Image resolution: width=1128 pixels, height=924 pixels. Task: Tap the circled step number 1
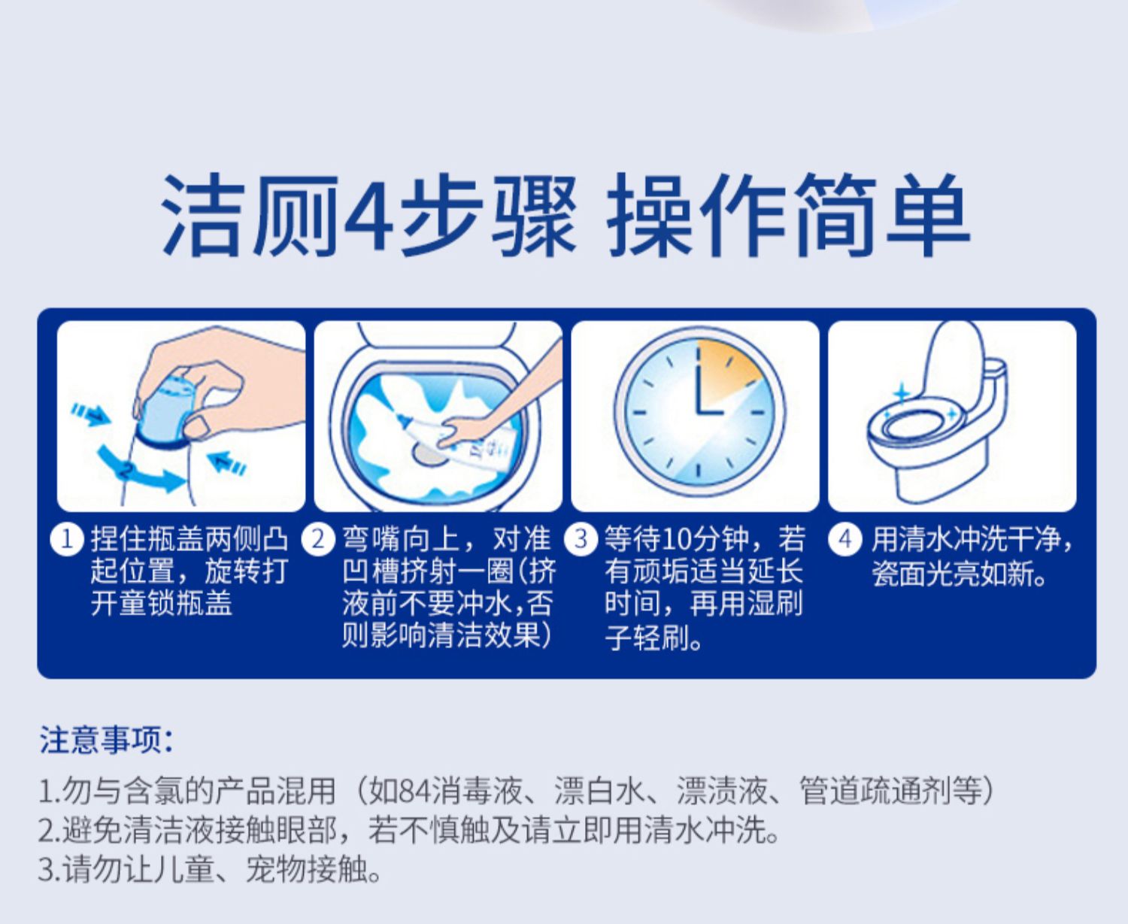coord(67,539)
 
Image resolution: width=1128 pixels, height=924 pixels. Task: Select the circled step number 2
coord(318,539)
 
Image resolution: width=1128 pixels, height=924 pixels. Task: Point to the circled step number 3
coord(581,539)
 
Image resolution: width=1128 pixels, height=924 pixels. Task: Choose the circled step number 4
coord(845,539)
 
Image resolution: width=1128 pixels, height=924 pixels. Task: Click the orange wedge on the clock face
coord(729,374)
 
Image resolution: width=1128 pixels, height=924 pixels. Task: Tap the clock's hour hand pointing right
coord(711,412)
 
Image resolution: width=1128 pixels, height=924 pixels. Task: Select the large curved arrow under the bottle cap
coord(140,471)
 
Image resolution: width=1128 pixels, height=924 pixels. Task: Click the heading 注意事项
coord(107,741)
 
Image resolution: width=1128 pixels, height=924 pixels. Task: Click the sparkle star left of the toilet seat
coord(901,394)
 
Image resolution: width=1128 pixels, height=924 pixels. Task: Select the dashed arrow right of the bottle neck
coord(227,462)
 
